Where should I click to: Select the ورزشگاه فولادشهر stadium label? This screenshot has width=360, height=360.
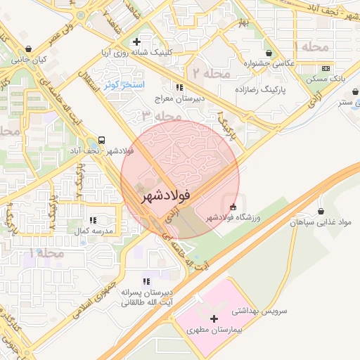click(x=233, y=218)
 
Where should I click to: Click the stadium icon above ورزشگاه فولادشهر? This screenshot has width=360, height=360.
click(x=233, y=207)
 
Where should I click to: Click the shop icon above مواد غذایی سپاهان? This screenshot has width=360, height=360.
click(x=321, y=211)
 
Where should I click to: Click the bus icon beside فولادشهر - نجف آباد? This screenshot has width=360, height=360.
click(x=103, y=140)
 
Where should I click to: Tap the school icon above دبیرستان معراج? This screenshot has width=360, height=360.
click(x=179, y=88)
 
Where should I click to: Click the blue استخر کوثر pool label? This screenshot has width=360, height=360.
click(x=124, y=85)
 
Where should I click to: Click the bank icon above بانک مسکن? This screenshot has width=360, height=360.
click(x=325, y=69)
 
